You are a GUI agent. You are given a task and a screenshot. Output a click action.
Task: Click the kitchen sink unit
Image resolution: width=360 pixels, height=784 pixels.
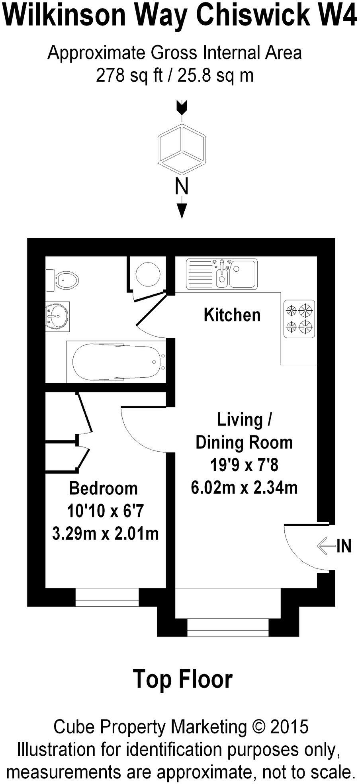(222, 273)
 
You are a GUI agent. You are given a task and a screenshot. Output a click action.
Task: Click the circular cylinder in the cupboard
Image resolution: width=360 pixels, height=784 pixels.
(148, 274)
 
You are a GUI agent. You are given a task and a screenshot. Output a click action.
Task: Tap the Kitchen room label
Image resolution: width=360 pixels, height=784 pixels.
(232, 315)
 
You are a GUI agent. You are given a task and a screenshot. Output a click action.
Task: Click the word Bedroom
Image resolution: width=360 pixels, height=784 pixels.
(103, 488)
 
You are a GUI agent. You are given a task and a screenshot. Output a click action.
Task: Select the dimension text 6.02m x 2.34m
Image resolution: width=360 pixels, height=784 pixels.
(244, 488)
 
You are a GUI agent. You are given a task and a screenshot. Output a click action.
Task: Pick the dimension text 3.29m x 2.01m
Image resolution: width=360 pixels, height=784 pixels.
(106, 533)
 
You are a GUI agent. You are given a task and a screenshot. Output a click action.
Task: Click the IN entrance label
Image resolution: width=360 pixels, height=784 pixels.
(344, 546)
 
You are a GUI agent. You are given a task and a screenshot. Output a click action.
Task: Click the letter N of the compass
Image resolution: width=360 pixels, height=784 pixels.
(182, 186)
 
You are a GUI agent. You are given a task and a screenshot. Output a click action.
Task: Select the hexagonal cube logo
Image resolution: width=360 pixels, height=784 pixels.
(182, 149)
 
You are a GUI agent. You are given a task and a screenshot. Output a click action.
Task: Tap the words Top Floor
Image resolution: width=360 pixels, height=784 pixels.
(182, 679)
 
